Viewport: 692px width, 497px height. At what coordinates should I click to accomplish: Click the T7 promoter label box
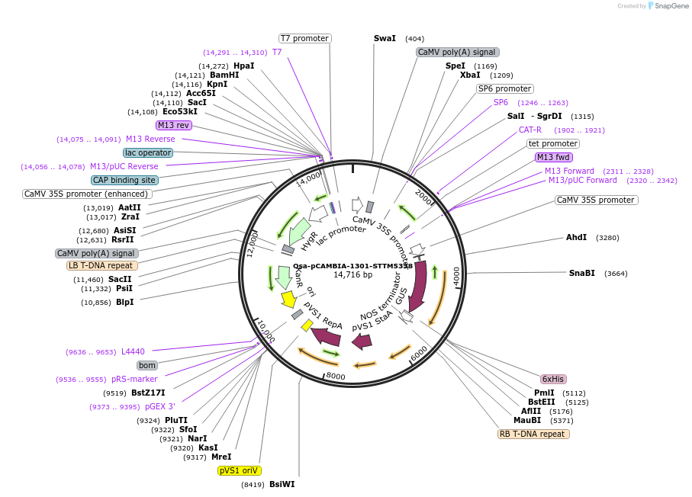(x=304, y=38)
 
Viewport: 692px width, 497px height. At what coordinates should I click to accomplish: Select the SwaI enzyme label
(x=385, y=38)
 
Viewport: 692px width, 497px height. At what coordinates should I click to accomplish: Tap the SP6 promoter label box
(x=504, y=88)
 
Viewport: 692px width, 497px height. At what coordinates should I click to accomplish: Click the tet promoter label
(x=553, y=143)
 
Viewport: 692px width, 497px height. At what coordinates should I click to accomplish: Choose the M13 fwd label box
(x=554, y=157)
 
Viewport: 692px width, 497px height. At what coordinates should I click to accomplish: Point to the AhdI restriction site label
(x=576, y=237)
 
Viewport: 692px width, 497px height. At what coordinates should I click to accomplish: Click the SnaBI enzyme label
(x=581, y=273)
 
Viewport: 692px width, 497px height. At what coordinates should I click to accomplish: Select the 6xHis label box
(x=552, y=379)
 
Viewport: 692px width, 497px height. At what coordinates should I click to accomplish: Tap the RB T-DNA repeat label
(x=533, y=434)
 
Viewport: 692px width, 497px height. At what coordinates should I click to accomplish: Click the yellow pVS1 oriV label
(x=240, y=470)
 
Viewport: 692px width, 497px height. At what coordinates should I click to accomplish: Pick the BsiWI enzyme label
(x=282, y=484)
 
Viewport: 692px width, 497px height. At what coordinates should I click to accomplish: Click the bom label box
(x=147, y=365)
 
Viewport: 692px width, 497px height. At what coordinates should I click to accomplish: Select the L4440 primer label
(x=133, y=351)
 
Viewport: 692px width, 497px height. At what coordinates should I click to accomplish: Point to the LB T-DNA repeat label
(x=102, y=265)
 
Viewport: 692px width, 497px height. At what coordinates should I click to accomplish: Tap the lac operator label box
(x=148, y=152)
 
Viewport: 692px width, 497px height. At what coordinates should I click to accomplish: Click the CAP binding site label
(x=124, y=180)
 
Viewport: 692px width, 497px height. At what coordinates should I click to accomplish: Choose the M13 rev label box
(x=173, y=125)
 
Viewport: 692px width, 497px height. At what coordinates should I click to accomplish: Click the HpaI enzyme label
(x=243, y=66)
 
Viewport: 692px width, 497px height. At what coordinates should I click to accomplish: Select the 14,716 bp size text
(x=352, y=274)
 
